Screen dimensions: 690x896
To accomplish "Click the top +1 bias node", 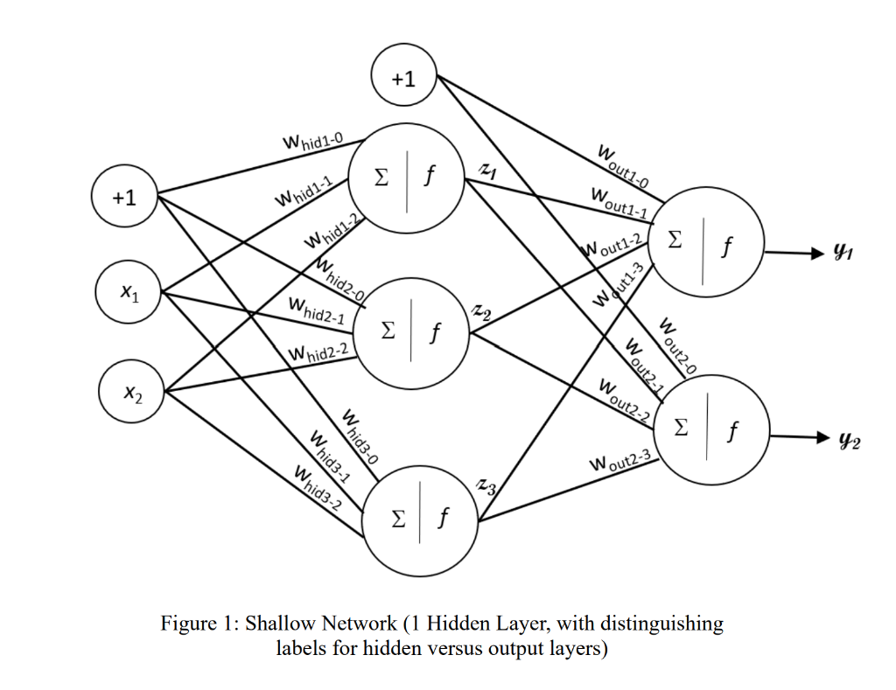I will (x=403, y=78).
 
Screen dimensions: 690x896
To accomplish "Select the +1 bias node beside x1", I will (x=125, y=199).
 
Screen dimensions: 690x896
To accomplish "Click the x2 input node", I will (x=131, y=394).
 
